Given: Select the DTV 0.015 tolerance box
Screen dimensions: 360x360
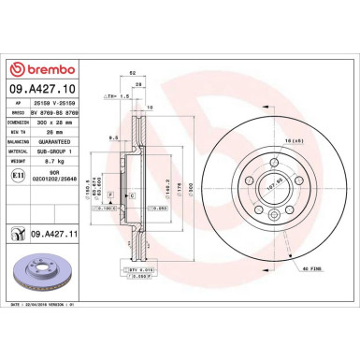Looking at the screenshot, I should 143,268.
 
